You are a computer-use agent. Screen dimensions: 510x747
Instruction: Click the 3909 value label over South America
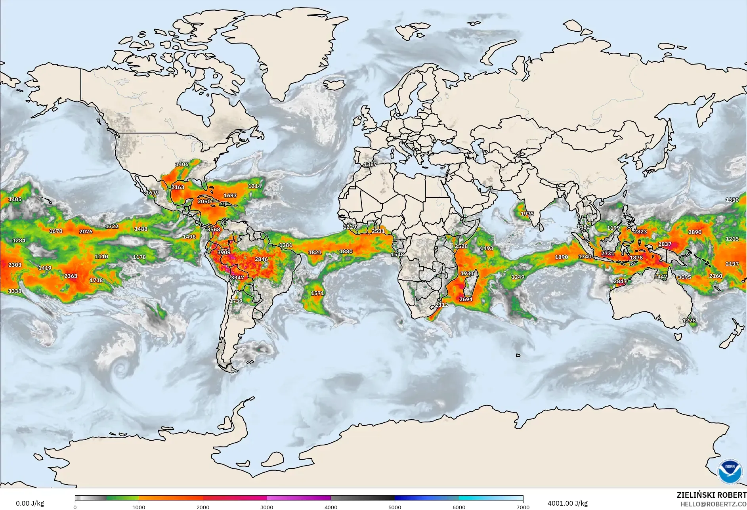pyautogui.click(x=224, y=252)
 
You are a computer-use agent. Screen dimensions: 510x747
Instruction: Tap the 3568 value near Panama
pyautogui.click(x=214, y=229)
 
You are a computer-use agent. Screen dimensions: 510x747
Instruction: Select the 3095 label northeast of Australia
pyautogui.click(x=684, y=277)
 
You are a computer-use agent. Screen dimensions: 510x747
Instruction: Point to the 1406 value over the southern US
pyautogui.click(x=182, y=164)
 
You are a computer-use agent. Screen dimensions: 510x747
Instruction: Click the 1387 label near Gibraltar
pyautogui.click(x=371, y=164)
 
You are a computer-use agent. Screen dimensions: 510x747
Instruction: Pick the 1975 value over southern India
pyautogui.click(x=527, y=214)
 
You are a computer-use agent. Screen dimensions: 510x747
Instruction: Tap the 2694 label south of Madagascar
pyautogui.click(x=466, y=299)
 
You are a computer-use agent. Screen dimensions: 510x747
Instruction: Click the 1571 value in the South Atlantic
pyautogui.click(x=317, y=293)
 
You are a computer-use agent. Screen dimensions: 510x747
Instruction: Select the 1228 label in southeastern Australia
pyautogui.click(x=689, y=321)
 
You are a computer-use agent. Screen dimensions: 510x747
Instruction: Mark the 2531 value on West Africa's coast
pyautogui.click(x=378, y=231)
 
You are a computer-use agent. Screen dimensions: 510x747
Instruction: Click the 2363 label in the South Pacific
pyautogui.click(x=71, y=276)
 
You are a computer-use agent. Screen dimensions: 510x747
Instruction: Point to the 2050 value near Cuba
pyautogui.click(x=204, y=201)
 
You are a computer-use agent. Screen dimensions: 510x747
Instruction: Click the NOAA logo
pyautogui.click(x=730, y=471)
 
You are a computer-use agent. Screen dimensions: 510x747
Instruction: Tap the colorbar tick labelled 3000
pyautogui.click(x=267, y=507)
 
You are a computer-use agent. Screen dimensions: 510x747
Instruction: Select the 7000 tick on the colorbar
pyautogui.click(x=523, y=507)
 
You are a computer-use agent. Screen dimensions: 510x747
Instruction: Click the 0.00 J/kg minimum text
pyautogui.click(x=30, y=503)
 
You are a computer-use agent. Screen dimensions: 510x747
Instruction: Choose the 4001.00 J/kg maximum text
pyautogui.click(x=567, y=503)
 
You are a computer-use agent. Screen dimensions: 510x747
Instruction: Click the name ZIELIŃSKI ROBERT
pyautogui.click(x=711, y=495)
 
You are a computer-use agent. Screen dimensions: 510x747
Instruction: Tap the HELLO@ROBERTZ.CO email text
pyautogui.click(x=713, y=504)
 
